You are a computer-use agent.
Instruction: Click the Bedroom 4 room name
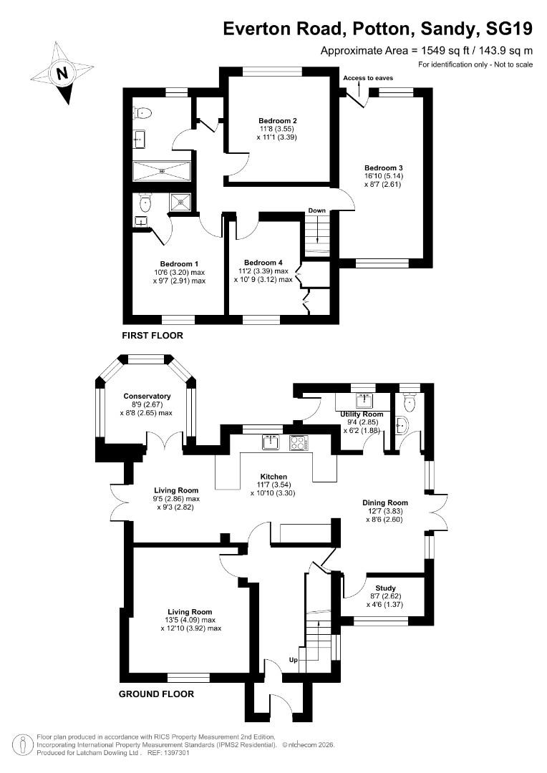pos(264,262)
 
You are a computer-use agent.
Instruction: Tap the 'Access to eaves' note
pos(368,77)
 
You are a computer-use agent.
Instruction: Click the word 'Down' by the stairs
pos(316,210)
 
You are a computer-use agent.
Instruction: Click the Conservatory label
pos(147,396)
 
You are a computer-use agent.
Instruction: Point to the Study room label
pos(385,588)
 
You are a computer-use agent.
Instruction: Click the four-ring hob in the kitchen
pos(299,443)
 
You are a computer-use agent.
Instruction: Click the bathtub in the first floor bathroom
pos(162,171)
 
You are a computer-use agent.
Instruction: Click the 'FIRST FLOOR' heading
pos(153,335)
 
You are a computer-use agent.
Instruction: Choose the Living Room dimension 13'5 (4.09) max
pos(190,620)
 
